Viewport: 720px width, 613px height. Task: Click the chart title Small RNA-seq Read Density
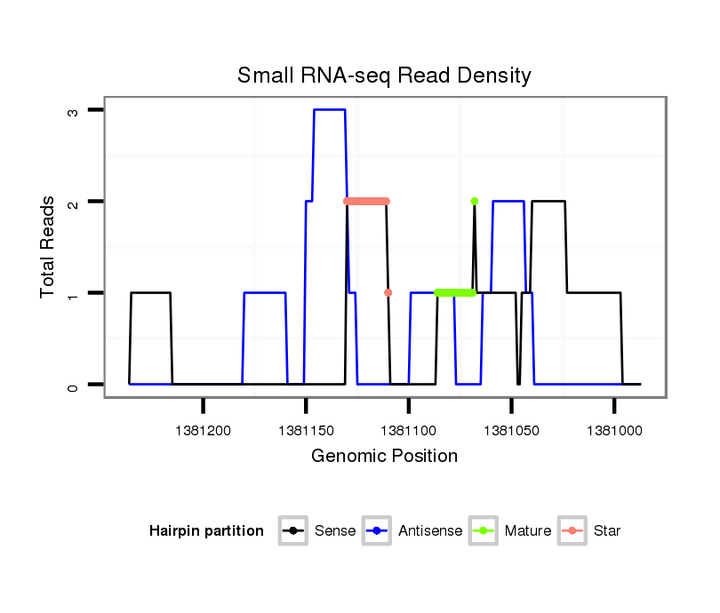tap(384, 76)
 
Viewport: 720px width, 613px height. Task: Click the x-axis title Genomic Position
tap(384, 457)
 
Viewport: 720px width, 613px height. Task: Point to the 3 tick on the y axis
tap(72, 110)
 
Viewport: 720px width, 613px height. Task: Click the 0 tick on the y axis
tap(72, 385)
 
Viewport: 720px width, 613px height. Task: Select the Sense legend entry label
tap(335, 531)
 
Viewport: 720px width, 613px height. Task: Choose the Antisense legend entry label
tap(430, 531)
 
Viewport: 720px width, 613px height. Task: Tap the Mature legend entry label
tap(528, 531)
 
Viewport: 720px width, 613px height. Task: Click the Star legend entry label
tap(607, 531)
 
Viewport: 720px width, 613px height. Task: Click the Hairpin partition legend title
tap(207, 531)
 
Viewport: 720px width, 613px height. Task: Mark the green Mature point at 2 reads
tap(475, 201)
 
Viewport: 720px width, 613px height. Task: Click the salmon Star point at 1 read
tap(388, 292)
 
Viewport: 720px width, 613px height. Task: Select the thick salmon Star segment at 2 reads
tap(366, 201)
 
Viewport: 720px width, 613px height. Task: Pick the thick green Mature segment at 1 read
tap(455, 292)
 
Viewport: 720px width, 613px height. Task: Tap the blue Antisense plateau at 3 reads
tap(329, 110)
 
